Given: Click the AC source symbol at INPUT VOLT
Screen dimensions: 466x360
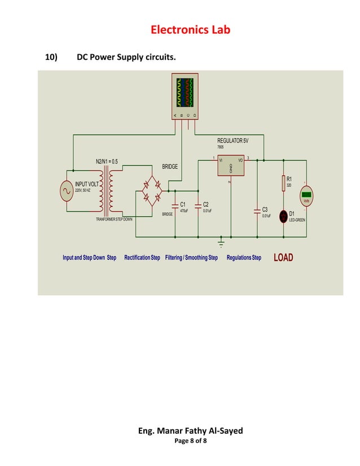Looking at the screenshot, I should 65,191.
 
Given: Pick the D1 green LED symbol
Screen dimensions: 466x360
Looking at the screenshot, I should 283,216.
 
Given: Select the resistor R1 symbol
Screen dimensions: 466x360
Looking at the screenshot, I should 283,183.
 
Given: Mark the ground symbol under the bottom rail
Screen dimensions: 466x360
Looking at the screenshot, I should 221,244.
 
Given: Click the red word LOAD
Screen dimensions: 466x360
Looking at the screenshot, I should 283,258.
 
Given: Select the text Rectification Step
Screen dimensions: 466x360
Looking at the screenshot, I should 142,258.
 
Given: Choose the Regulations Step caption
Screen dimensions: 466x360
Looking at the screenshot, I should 244,258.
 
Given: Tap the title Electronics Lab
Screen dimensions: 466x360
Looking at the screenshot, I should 190,30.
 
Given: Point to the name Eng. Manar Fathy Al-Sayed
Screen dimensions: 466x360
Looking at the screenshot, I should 190,430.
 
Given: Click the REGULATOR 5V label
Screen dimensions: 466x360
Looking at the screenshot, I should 232,140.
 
